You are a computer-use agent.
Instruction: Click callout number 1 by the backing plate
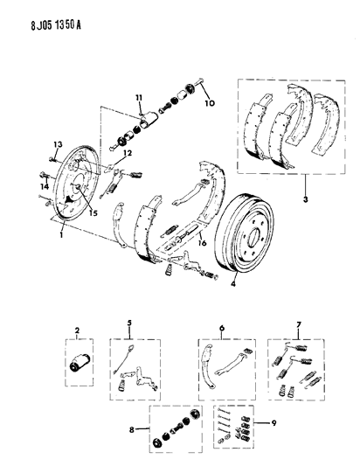[x=59, y=234]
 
